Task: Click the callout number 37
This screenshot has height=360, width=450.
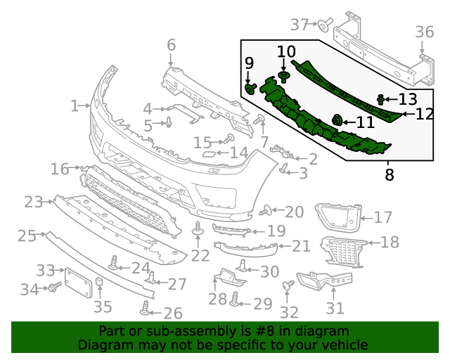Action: [300, 25]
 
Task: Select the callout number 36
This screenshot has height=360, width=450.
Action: [424, 32]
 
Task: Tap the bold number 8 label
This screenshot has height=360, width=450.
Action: [390, 174]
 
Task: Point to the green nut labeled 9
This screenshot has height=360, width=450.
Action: [250, 88]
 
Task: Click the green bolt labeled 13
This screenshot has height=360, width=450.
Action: [380, 99]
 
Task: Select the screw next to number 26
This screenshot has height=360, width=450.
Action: [146, 307]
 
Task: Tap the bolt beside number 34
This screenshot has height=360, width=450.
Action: [53, 288]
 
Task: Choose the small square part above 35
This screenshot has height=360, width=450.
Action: [100, 283]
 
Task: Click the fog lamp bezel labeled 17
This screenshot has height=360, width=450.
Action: [336, 214]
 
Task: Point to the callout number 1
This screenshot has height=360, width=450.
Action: [75, 106]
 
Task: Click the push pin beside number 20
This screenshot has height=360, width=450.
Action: [266, 210]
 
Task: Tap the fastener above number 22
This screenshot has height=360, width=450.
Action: [198, 229]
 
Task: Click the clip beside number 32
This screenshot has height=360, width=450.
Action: [288, 285]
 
